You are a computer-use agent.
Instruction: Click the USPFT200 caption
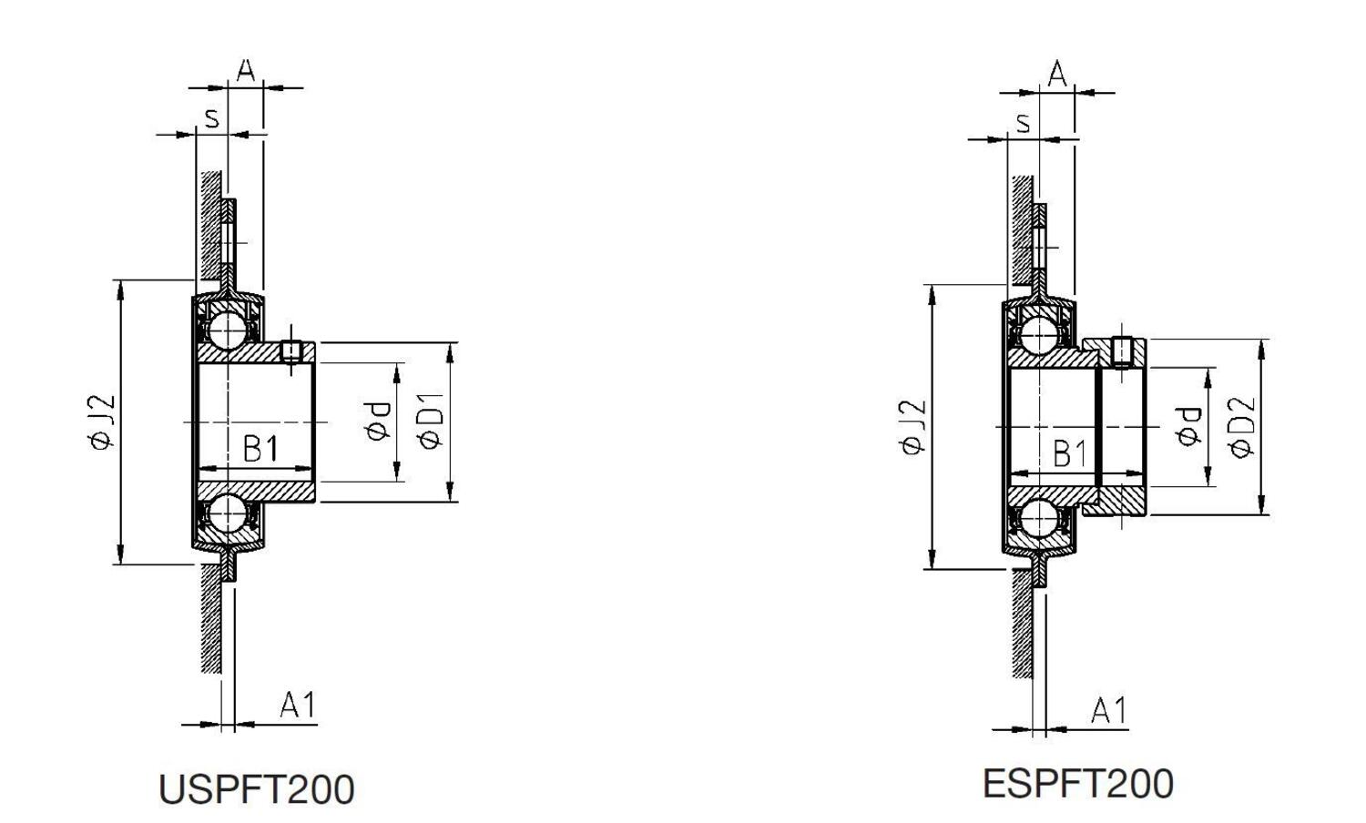(x=256, y=789)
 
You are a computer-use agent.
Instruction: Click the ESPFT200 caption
(x=1077, y=784)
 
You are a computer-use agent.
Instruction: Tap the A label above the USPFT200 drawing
(x=245, y=71)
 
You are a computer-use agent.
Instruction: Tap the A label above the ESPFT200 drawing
(x=1056, y=75)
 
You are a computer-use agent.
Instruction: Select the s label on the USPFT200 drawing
(x=211, y=117)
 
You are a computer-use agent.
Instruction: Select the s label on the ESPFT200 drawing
(x=1023, y=122)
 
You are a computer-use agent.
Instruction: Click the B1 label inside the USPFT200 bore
(x=260, y=449)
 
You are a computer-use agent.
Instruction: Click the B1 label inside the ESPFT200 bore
(x=1070, y=453)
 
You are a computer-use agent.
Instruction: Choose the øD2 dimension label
(x=1241, y=426)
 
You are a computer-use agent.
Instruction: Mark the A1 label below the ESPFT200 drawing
(x=1108, y=710)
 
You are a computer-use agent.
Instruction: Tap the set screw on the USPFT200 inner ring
(x=291, y=351)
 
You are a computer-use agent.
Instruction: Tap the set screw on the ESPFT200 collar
(x=1122, y=351)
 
